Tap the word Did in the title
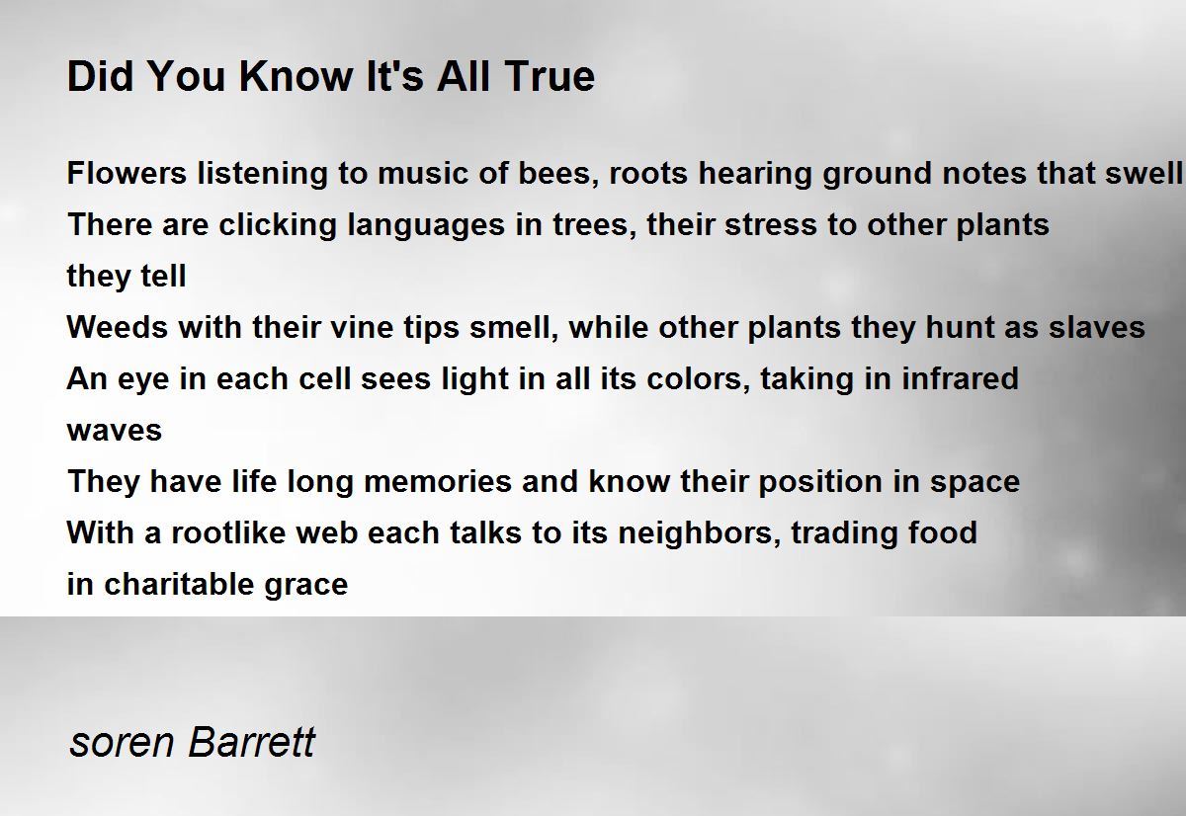tap(100, 76)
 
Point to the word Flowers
tap(127, 173)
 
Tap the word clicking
tap(278, 224)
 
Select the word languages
tap(426, 226)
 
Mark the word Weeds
tap(118, 327)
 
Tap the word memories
tap(438, 481)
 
